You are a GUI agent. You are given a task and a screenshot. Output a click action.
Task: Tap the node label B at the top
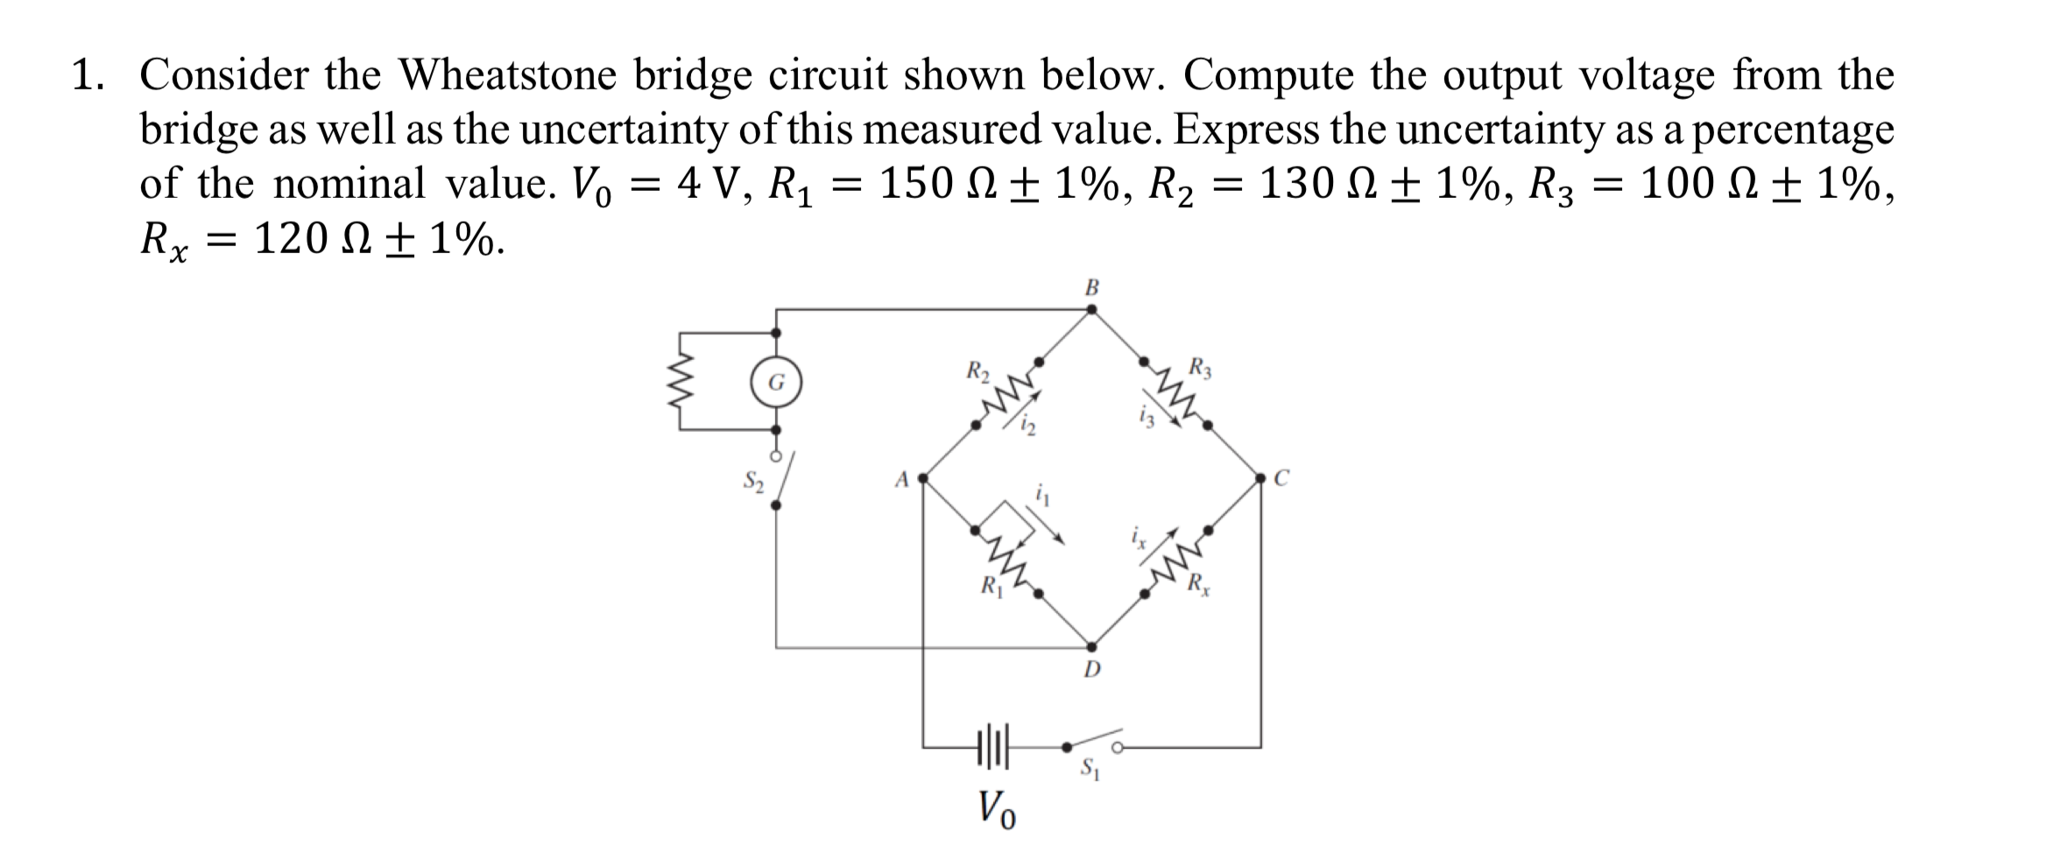point(1091,286)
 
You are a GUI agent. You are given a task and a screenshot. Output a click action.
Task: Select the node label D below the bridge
point(1091,671)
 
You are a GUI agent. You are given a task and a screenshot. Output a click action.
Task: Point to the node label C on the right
point(1281,478)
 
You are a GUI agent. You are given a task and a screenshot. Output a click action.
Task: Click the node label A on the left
point(900,479)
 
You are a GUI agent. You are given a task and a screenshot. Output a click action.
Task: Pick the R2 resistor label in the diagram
point(977,370)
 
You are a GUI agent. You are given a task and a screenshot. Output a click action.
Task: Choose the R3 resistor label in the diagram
point(1201,367)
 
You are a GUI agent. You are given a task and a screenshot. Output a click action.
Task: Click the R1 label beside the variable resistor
point(989,584)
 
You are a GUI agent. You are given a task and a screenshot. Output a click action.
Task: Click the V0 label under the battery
point(997,807)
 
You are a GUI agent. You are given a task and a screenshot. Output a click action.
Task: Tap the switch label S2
point(753,481)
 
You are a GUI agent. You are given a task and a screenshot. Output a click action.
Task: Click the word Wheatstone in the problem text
point(509,75)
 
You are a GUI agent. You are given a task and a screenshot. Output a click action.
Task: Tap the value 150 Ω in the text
point(932,184)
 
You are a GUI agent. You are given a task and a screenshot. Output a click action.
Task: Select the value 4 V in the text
point(709,184)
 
